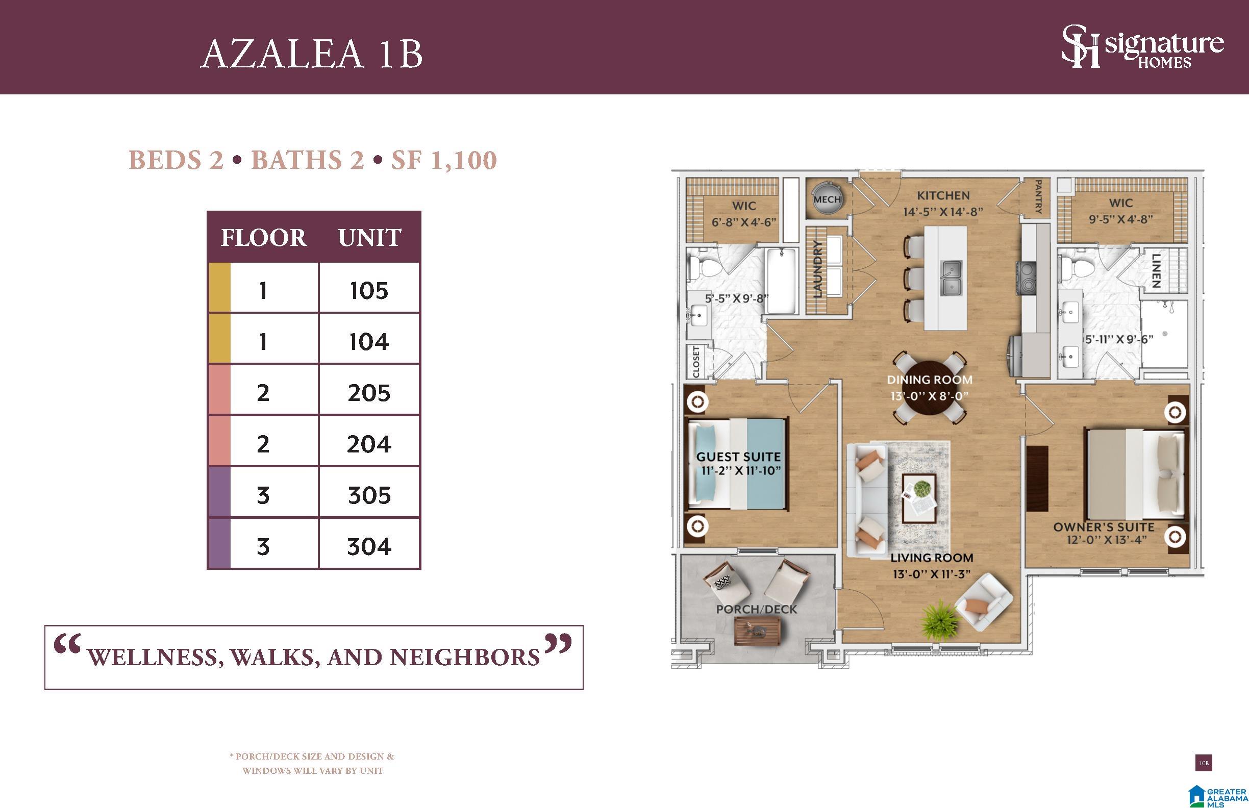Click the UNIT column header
(x=369, y=238)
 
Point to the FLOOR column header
(x=263, y=238)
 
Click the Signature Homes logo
(x=1143, y=47)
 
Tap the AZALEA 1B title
(x=312, y=54)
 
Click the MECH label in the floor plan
(x=827, y=199)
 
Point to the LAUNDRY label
(x=817, y=269)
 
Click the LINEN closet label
(x=1156, y=271)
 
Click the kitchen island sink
(x=951, y=278)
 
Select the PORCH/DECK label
(x=756, y=609)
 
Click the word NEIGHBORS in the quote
(x=464, y=658)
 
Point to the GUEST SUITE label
(x=738, y=457)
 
